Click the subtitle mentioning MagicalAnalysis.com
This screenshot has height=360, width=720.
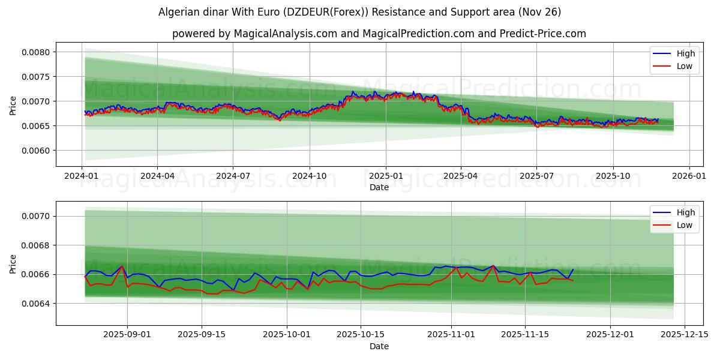coord(379,34)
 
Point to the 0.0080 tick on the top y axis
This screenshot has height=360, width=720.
coord(38,52)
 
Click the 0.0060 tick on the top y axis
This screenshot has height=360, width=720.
coord(38,151)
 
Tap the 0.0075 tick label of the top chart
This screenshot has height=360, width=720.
coord(38,77)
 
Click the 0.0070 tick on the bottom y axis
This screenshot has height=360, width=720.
coord(38,216)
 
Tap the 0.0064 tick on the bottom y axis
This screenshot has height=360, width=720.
coord(38,304)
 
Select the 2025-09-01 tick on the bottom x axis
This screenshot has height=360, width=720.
coord(127,334)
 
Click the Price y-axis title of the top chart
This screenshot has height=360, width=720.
coord(13,106)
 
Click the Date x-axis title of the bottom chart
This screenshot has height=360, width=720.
coord(379,346)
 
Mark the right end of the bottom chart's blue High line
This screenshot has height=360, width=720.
coord(573,269)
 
